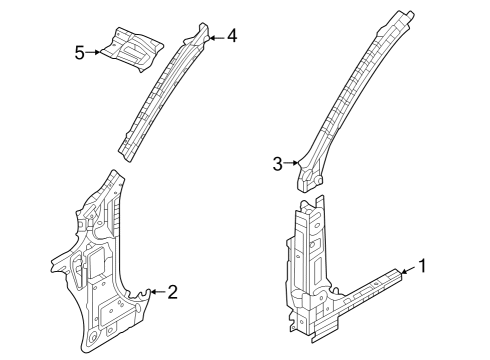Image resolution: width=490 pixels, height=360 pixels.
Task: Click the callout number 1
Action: click(422, 266)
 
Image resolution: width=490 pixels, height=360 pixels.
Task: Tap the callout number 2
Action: click(172, 292)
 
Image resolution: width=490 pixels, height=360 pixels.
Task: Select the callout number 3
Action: click(277, 164)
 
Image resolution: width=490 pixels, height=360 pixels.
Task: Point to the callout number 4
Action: click(232, 36)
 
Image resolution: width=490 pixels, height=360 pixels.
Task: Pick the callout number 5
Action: click(80, 53)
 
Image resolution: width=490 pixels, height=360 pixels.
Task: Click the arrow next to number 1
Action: click(409, 270)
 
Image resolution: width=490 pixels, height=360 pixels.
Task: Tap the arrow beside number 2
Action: click(158, 292)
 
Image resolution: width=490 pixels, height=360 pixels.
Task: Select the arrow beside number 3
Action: click(290, 163)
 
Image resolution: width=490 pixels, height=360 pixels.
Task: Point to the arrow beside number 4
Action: click(217, 38)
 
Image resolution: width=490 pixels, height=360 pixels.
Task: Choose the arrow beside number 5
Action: click(93, 52)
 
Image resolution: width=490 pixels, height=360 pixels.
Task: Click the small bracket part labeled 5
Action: click(133, 49)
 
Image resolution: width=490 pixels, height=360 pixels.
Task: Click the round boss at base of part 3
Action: click(318, 180)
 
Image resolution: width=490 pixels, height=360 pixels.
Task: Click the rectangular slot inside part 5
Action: click(131, 50)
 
